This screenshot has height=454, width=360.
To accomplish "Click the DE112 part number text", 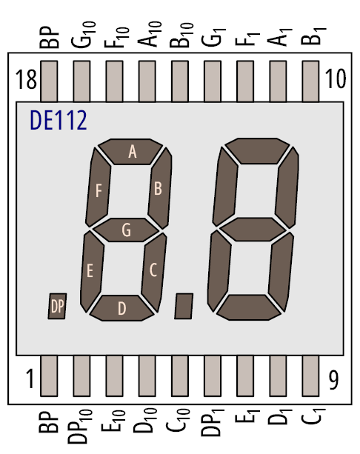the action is tap(59, 120).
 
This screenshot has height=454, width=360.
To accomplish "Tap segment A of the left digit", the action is tap(130, 152).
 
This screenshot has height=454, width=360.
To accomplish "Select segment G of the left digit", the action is tap(126, 230).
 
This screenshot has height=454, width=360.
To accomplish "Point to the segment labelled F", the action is tap(99, 187).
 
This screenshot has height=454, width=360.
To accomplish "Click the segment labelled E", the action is tap(92, 272).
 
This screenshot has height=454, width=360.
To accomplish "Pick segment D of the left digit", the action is tap(121, 308).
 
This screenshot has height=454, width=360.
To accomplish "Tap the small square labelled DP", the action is tap(57, 307).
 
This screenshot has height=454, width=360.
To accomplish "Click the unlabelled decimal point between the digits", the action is tap(184, 307).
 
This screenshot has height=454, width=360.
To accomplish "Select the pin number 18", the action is tap(26, 79).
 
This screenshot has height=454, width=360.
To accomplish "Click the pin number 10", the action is tap(336, 79).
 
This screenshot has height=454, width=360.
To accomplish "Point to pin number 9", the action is tap(333, 380).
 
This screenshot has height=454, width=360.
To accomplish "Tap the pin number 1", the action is tap(30, 378).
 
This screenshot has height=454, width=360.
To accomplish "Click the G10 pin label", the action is tap(83, 35).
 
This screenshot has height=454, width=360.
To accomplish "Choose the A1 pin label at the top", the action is tap(280, 37).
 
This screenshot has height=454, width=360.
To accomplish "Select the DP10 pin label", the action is tap(80, 427).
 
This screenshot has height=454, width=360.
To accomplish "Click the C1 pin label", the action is tap(313, 416).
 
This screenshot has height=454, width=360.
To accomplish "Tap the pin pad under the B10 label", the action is tap(179, 81).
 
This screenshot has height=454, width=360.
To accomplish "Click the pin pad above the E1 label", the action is tap(245, 375).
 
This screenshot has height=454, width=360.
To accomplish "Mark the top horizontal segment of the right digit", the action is tap(257, 151).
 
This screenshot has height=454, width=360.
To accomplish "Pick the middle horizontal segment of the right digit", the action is tap(253, 230).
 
